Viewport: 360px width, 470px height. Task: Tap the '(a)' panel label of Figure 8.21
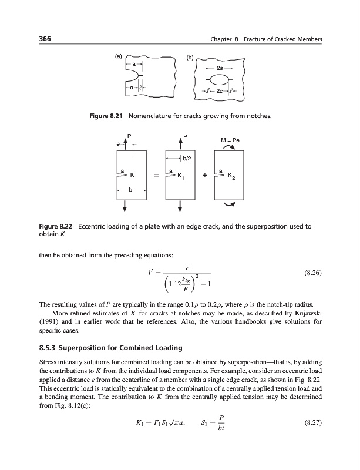point(118,57)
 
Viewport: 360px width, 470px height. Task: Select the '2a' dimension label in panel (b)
point(220,69)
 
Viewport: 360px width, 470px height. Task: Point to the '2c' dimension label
point(220,92)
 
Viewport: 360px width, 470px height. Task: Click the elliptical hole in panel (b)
point(220,80)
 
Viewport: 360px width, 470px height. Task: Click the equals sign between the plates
point(154,174)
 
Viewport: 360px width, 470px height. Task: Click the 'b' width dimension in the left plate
point(130,190)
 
